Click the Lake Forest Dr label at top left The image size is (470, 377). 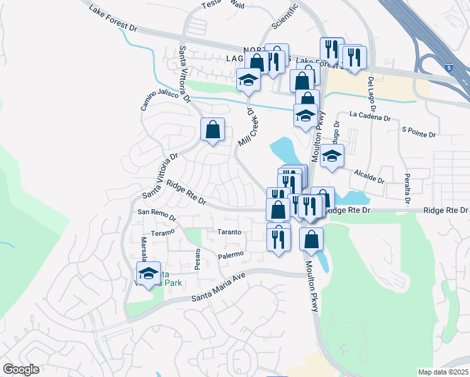(x=112, y=19)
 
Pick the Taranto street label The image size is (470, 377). (x=229, y=232)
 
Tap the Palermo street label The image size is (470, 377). (x=231, y=254)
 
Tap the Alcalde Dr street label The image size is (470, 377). (x=369, y=175)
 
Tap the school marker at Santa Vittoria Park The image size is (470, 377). (x=149, y=273)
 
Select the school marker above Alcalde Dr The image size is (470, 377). (x=332, y=155)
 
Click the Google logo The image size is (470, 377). (x=21, y=369)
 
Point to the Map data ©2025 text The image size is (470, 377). (x=444, y=372)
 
